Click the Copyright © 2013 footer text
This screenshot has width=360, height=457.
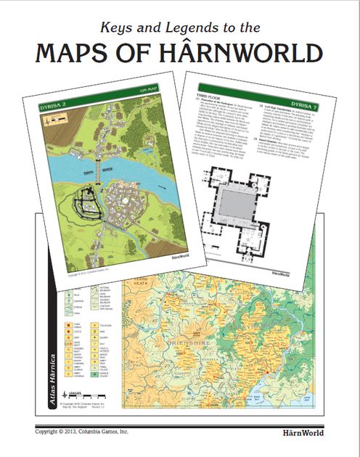click(80, 432)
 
